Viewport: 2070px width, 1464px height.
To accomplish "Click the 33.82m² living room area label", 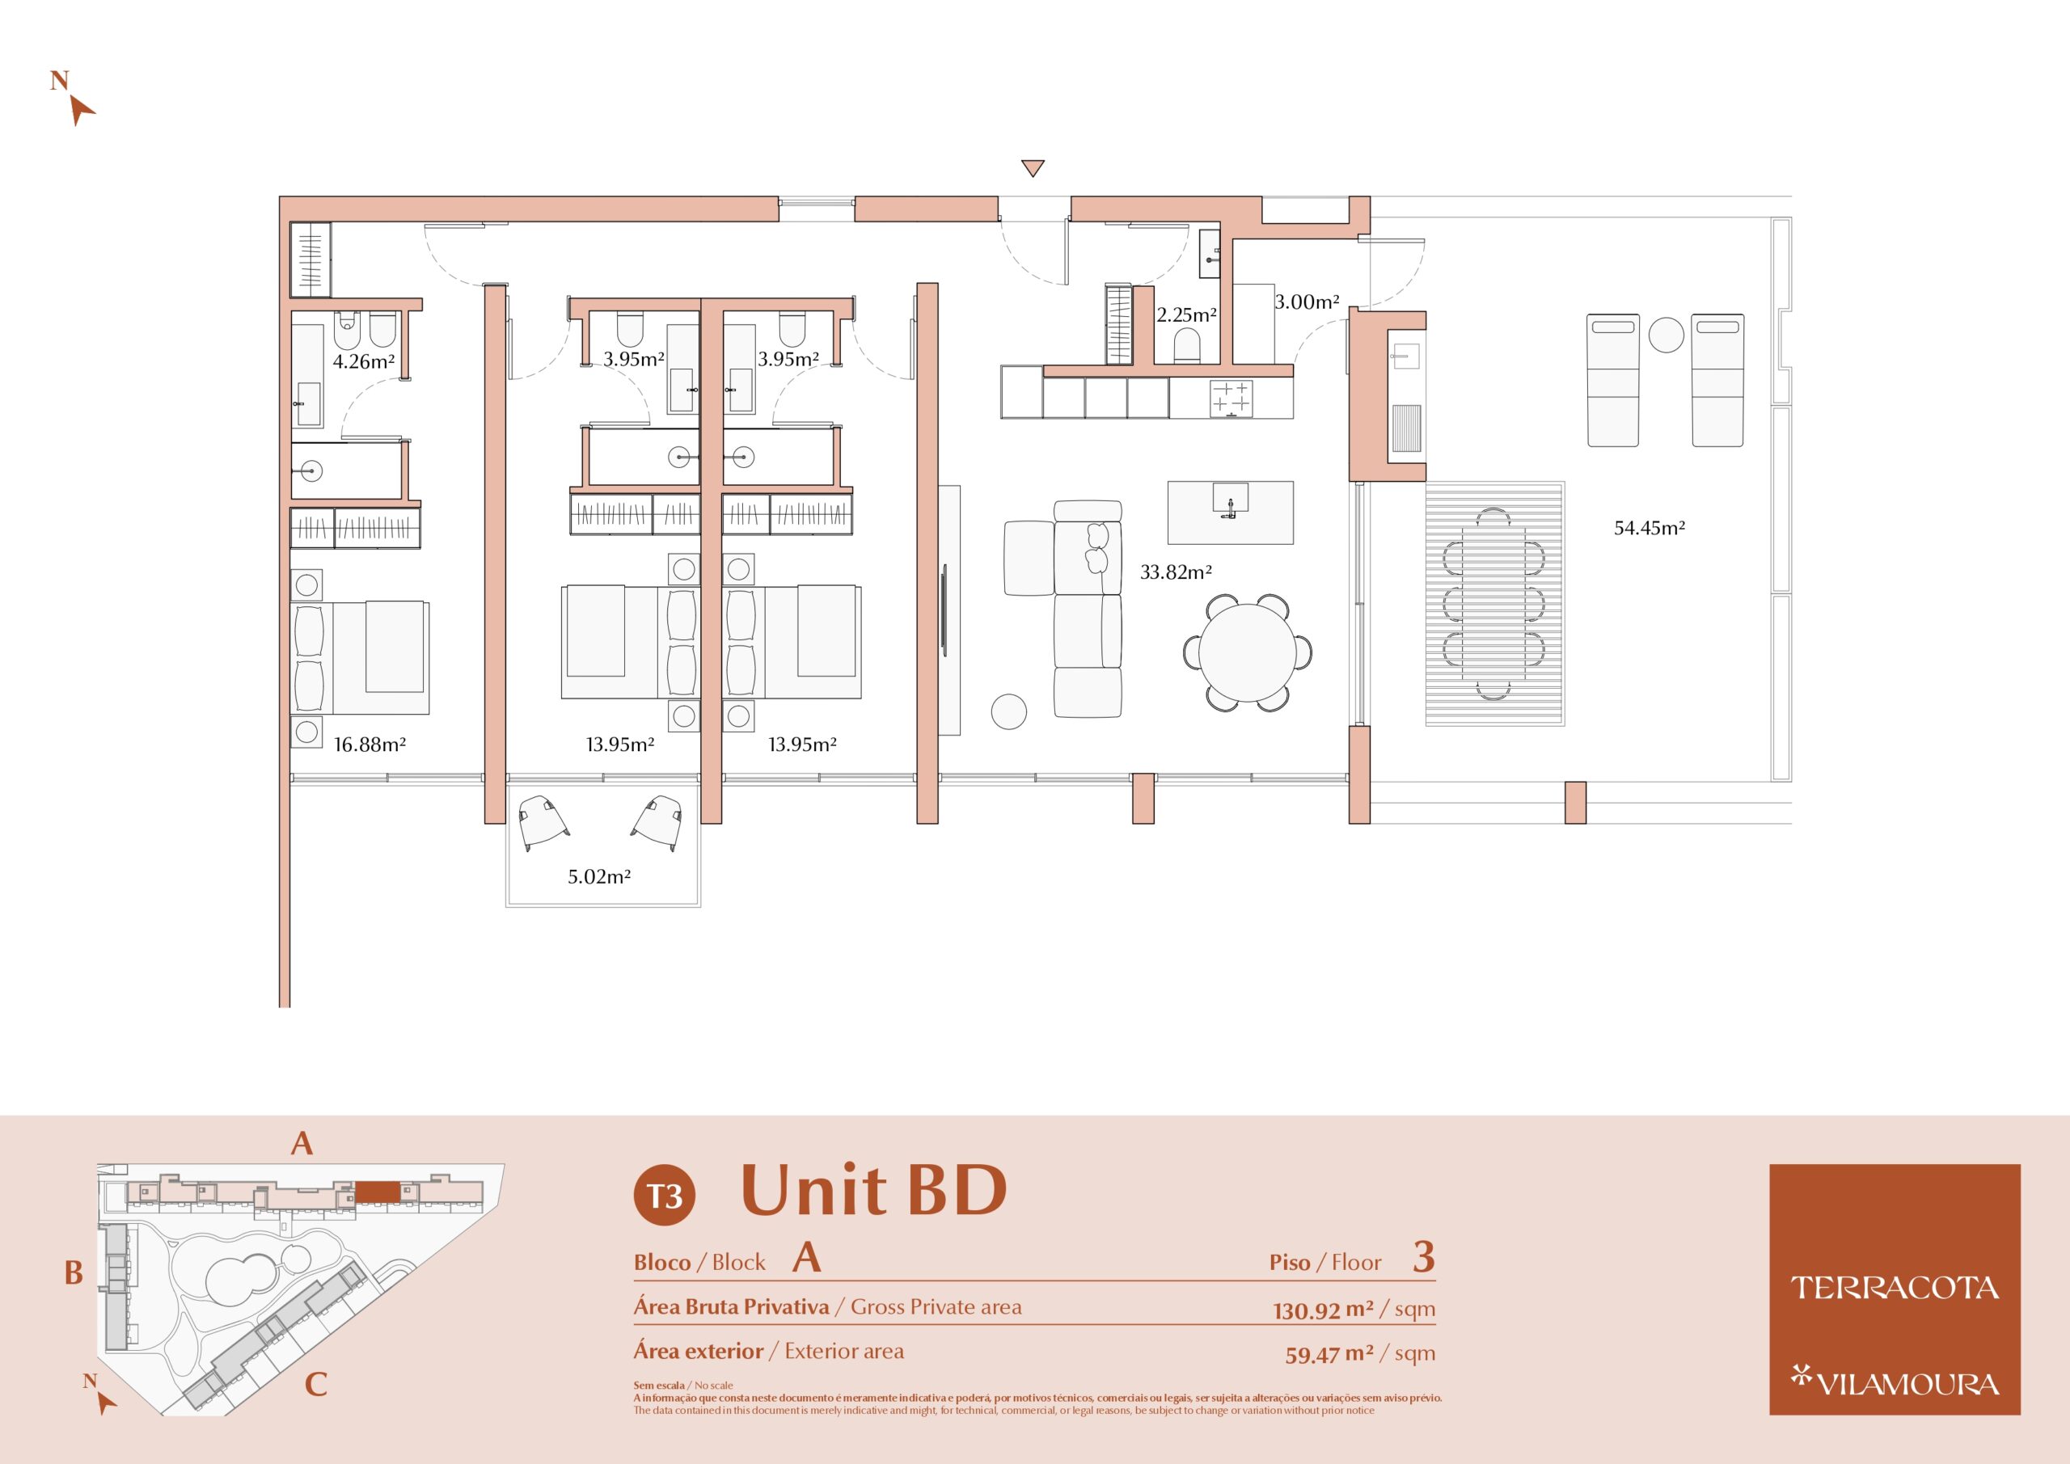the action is (x=1176, y=572).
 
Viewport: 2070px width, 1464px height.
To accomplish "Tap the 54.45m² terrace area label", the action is (x=1649, y=528).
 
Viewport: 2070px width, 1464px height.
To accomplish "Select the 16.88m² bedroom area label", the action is (x=370, y=745).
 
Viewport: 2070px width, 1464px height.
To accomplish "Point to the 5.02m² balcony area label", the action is (x=598, y=876).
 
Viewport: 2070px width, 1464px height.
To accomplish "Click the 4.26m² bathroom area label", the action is (x=364, y=362).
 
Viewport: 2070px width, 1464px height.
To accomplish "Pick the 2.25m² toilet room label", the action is (x=1186, y=315).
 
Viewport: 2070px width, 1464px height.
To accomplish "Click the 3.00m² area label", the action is (x=1307, y=302).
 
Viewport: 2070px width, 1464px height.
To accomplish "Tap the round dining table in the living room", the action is (x=1248, y=652).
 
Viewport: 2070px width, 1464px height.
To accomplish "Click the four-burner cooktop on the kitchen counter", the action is (x=1231, y=397).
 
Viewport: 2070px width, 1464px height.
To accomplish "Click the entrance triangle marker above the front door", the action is (x=1033, y=167).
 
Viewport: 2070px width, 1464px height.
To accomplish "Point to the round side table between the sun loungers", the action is (x=1666, y=335).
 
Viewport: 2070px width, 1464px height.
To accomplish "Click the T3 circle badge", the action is (x=665, y=1196).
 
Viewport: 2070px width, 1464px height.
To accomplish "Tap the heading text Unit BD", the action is (x=872, y=1190).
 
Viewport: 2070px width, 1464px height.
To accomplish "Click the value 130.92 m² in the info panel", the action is (x=1324, y=1309).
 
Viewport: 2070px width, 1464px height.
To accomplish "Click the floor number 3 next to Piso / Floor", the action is (x=1424, y=1258).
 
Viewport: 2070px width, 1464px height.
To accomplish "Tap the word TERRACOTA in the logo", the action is (x=1895, y=1289).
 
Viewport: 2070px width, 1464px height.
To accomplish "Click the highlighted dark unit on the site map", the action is (x=377, y=1192).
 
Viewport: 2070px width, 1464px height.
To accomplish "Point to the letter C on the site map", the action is (x=315, y=1384).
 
